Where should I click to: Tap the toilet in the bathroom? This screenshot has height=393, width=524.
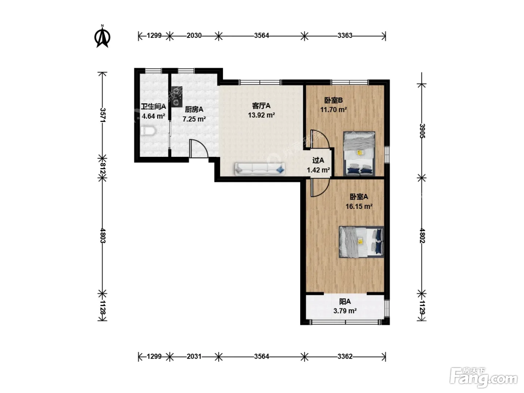(148, 131)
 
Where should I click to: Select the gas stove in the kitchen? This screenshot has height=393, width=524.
(177, 97)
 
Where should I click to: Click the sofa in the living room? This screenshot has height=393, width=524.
(260, 169)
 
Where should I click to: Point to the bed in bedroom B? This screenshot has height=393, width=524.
(359, 154)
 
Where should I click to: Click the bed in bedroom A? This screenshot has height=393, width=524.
(362, 242)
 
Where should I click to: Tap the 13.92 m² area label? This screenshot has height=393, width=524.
(261, 115)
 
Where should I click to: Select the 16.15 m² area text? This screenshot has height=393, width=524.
(359, 206)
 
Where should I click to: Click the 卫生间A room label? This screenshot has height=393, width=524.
(153, 106)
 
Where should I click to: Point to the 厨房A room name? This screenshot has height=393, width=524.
(194, 110)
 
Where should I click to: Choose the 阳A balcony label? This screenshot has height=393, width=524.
(345, 302)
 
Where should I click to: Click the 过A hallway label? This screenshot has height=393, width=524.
(318, 160)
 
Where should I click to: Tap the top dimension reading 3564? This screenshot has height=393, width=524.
(261, 36)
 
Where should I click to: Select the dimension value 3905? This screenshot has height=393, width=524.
(422, 131)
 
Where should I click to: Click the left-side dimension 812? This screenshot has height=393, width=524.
(103, 168)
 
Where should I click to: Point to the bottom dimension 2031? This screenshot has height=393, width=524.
(194, 356)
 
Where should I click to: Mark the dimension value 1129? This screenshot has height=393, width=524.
(422, 307)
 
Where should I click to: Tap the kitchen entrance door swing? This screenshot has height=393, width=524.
(199, 149)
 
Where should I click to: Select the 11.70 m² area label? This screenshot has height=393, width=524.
(333, 110)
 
